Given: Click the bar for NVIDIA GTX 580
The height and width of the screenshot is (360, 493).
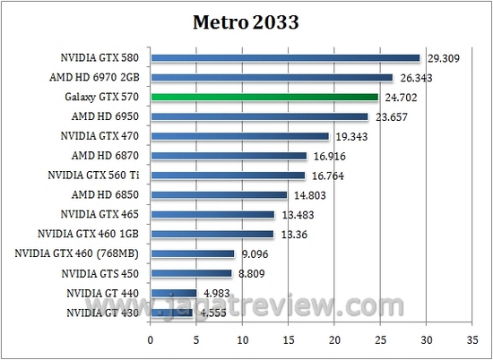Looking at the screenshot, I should [x=285, y=58].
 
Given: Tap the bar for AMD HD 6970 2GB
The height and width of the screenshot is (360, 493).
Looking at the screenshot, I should [x=272, y=78].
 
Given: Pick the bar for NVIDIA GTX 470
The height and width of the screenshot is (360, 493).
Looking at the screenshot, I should [x=240, y=136].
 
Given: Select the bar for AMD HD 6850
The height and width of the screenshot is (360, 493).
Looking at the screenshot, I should [x=219, y=194].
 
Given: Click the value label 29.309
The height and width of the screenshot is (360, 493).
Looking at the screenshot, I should [x=444, y=59].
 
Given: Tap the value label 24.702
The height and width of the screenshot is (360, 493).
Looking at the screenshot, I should [x=402, y=98].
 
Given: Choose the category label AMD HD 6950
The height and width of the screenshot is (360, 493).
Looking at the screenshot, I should [x=103, y=116].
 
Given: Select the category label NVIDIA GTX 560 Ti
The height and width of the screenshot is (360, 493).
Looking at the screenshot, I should [x=91, y=176].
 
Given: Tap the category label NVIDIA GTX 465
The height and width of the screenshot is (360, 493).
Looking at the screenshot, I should [x=98, y=214].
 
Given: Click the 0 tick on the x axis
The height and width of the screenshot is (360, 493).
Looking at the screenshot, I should [x=151, y=340].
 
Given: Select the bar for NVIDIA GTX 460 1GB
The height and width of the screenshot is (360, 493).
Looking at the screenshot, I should [x=212, y=234].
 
